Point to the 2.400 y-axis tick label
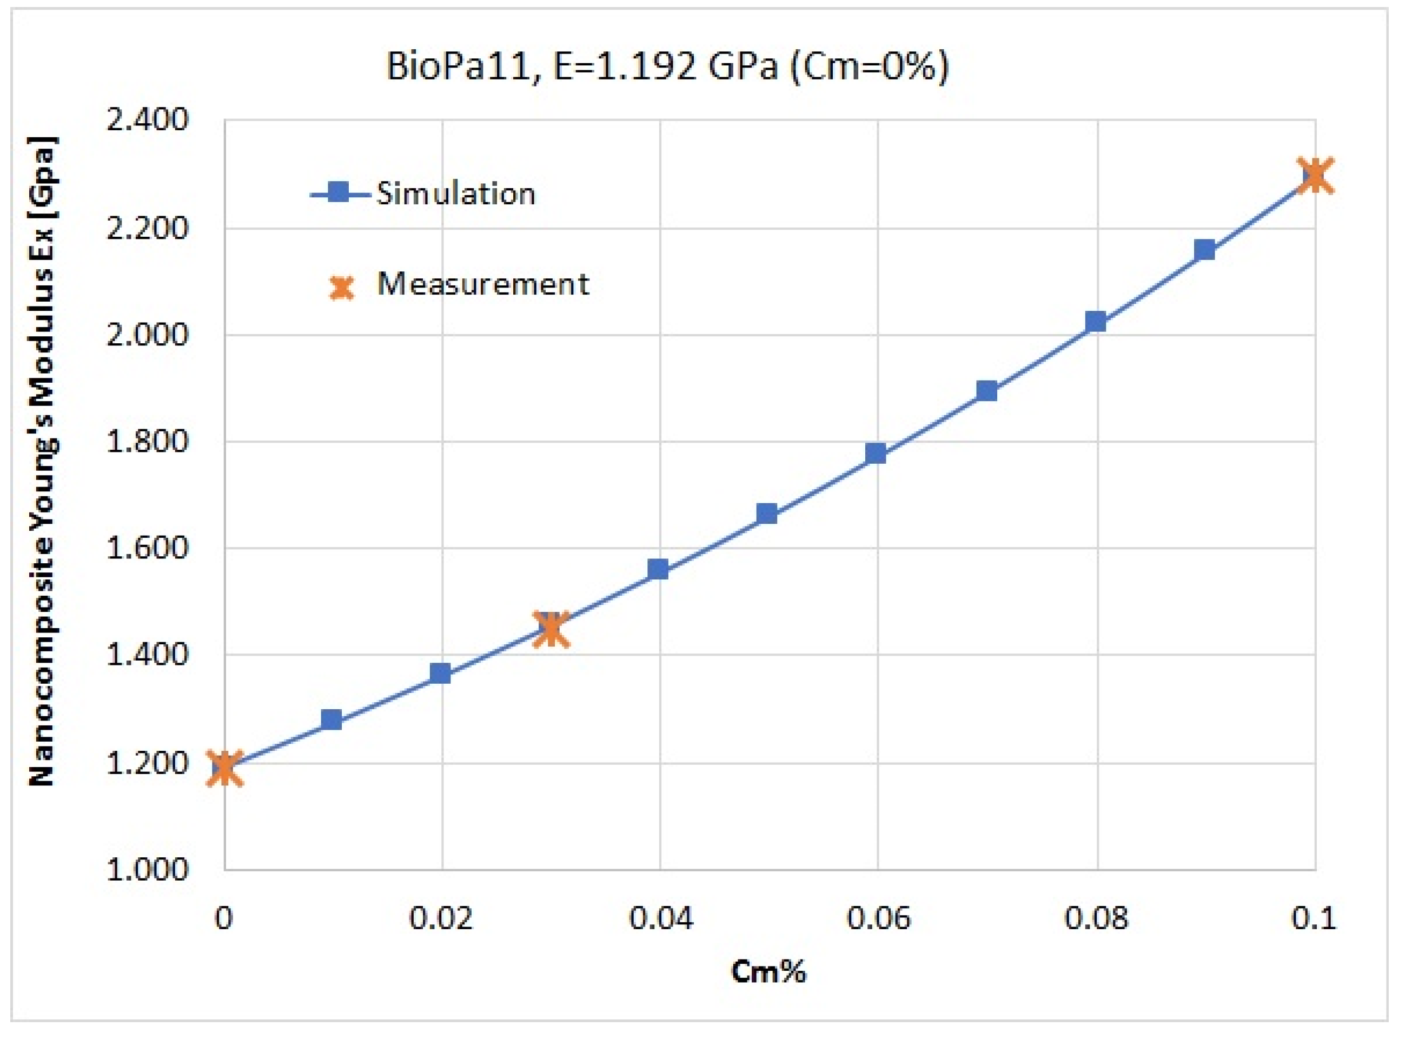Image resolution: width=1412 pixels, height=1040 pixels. tap(147, 119)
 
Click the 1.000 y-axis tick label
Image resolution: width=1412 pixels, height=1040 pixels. tap(147, 869)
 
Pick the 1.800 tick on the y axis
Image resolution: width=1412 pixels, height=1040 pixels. tap(147, 441)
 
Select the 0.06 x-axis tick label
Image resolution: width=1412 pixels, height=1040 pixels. tap(878, 918)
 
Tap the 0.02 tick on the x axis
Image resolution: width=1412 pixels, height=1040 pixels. tap(441, 918)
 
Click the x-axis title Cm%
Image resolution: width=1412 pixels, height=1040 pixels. tap(768, 971)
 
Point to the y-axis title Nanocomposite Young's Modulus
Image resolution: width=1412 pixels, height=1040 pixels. tap(43, 461)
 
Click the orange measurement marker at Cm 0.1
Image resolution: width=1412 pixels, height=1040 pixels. tap(1316, 176)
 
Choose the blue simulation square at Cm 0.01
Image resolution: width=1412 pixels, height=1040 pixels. tap(332, 719)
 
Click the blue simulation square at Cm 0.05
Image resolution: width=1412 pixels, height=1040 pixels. tap(766, 514)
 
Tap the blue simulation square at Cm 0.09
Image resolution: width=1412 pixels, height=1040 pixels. tap(1204, 250)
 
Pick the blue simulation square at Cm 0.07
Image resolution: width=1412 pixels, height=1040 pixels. tap(986, 391)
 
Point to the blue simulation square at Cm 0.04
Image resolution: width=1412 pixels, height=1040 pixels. tap(658, 570)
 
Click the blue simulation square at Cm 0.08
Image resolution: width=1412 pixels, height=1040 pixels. tap(1096, 322)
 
